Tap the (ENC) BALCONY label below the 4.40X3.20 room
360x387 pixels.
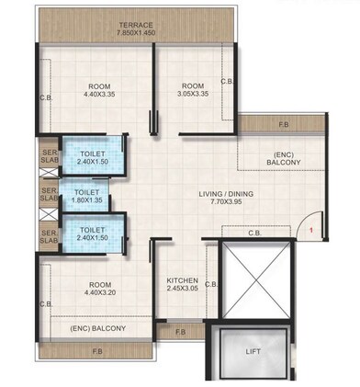click(x=98, y=327)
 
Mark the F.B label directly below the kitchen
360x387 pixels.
click(x=180, y=331)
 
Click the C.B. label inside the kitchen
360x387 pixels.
click(x=210, y=285)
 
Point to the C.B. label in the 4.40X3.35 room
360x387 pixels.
click(x=44, y=97)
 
